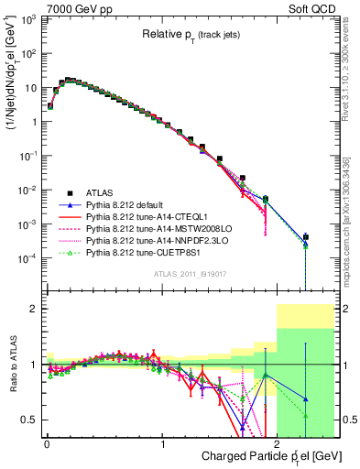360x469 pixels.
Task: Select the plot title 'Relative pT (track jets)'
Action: (x=191, y=34)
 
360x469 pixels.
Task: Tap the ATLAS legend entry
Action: (x=101, y=192)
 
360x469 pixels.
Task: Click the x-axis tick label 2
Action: (x=278, y=444)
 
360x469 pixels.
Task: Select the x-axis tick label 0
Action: (x=47, y=444)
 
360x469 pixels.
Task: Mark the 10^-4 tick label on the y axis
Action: (x=28, y=257)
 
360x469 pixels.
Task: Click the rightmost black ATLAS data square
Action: (x=306, y=237)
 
